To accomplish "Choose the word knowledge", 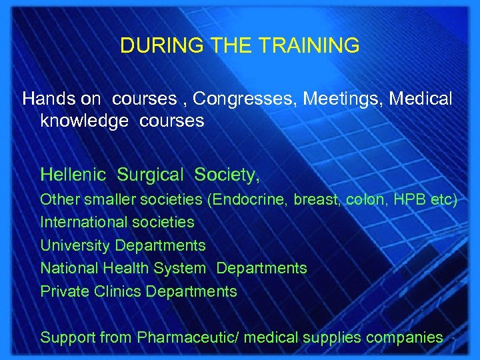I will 84,121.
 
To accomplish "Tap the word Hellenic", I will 73,175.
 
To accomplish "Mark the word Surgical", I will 150,175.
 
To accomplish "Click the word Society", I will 225,175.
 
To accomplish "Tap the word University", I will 75,245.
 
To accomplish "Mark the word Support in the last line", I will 67,337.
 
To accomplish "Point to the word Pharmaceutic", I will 185,337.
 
